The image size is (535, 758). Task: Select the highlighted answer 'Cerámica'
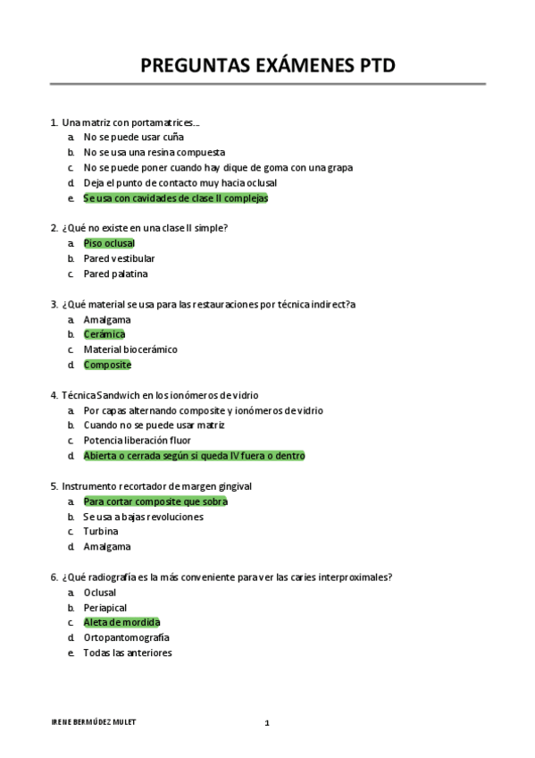click(104, 334)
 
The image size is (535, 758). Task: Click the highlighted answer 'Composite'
click(107, 365)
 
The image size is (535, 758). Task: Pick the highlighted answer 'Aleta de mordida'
click(121, 622)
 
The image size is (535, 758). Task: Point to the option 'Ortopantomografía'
click(126, 637)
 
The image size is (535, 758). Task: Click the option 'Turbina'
click(101, 532)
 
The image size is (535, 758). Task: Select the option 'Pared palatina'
click(115, 274)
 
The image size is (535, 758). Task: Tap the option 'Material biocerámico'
click(130, 350)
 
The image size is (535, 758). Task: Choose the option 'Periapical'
click(105, 607)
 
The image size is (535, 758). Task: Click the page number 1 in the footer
click(266, 722)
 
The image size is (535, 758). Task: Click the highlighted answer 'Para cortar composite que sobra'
click(155, 501)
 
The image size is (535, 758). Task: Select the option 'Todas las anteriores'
click(128, 653)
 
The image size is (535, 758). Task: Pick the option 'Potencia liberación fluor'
click(138, 441)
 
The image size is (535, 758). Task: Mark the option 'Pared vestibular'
click(119, 258)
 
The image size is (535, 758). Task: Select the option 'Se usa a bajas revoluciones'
click(143, 517)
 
